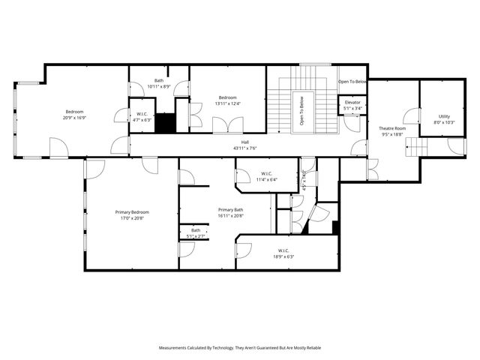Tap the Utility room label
tap(444, 116)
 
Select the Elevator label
tap(352, 102)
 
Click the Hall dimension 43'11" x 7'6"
tap(244, 148)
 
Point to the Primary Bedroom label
tap(131, 212)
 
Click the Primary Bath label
tap(230, 209)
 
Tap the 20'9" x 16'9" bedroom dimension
tap(73, 118)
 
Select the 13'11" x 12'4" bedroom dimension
tap(228, 103)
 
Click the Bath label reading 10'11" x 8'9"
tap(159, 86)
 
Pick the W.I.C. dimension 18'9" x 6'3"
tap(283, 256)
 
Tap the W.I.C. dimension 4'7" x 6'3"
tap(142, 120)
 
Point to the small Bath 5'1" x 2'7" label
tap(195, 236)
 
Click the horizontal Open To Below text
tap(352, 81)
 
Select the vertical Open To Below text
tap(302, 110)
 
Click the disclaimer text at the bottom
tap(240, 348)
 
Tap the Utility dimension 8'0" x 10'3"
tap(444, 122)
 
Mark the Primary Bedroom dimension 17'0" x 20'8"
tap(131, 218)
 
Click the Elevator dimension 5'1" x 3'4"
tap(352, 108)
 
